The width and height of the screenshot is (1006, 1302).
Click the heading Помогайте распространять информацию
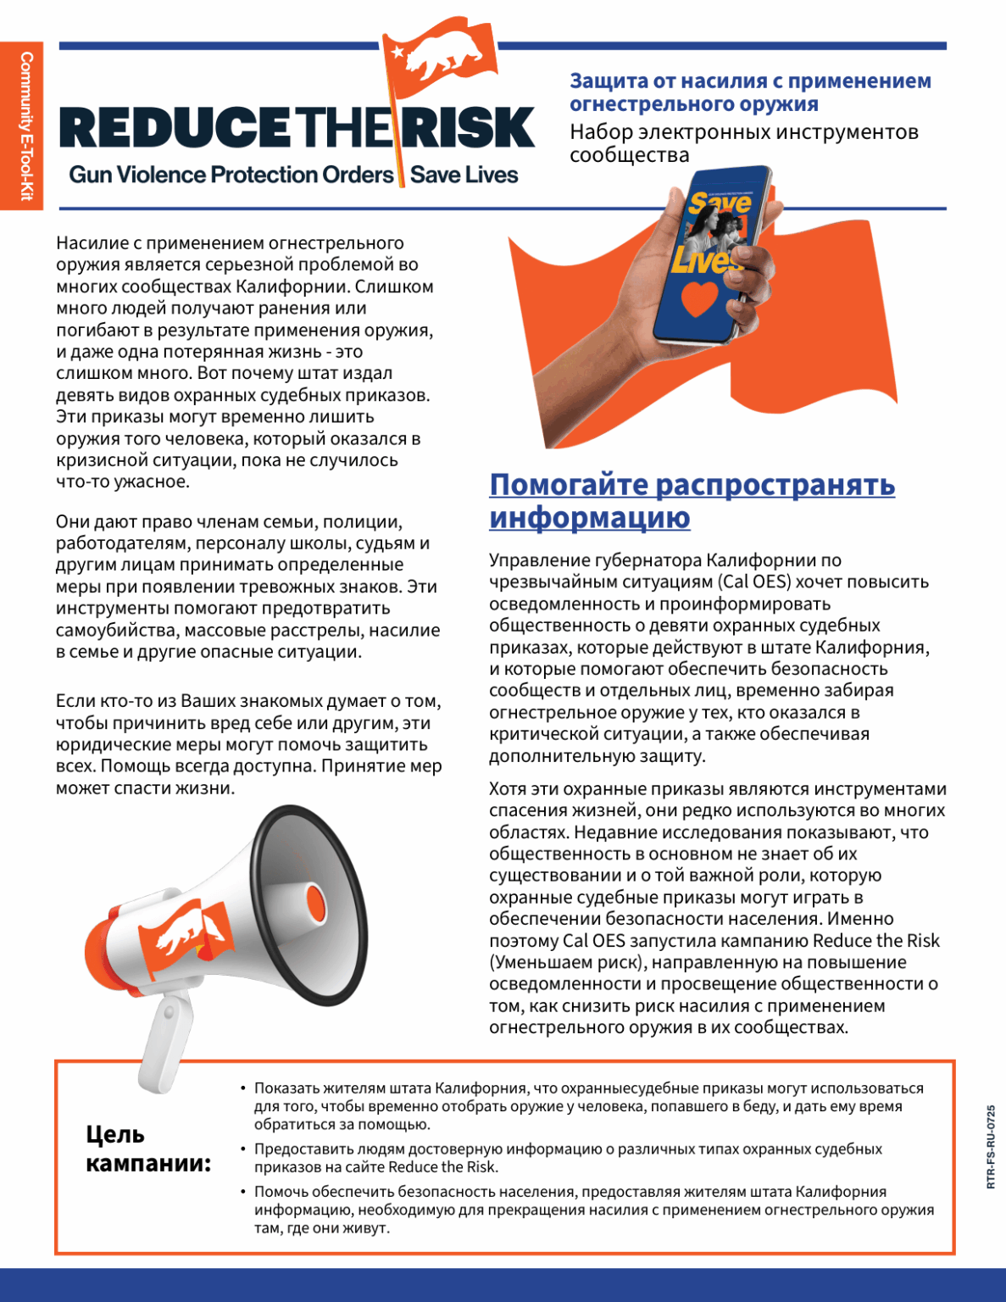tap(692, 500)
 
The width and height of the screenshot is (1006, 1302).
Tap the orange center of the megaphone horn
tap(314, 903)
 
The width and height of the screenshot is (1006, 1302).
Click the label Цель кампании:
tap(148, 1149)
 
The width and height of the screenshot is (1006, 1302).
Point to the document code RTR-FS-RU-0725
tap(991, 1146)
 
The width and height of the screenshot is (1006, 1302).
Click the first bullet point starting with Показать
tap(588, 1106)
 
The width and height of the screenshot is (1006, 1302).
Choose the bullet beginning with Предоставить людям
tap(568, 1158)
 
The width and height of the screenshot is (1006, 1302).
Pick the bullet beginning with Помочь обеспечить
tap(593, 1210)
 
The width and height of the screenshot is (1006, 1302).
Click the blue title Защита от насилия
tap(749, 92)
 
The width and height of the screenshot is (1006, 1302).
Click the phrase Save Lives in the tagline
tap(464, 175)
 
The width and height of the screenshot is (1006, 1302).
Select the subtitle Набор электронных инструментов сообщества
tap(743, 143)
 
